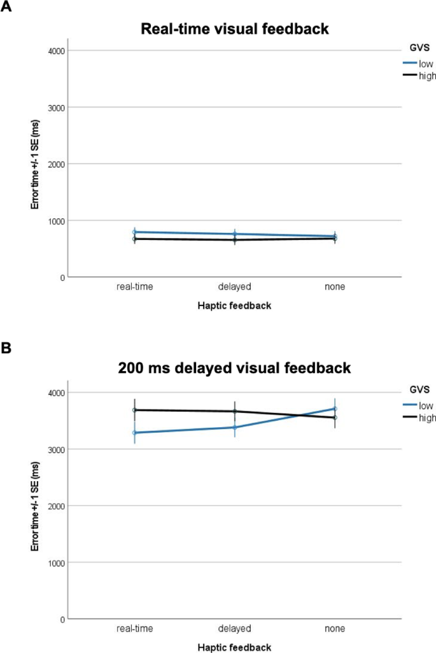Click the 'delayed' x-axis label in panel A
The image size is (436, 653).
[x=234, y=287]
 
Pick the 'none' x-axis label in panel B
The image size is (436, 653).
[x=335, y=629]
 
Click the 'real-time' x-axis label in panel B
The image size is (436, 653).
[x=134, y=629]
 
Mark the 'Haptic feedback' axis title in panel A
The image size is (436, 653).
[x=234, y=305]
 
